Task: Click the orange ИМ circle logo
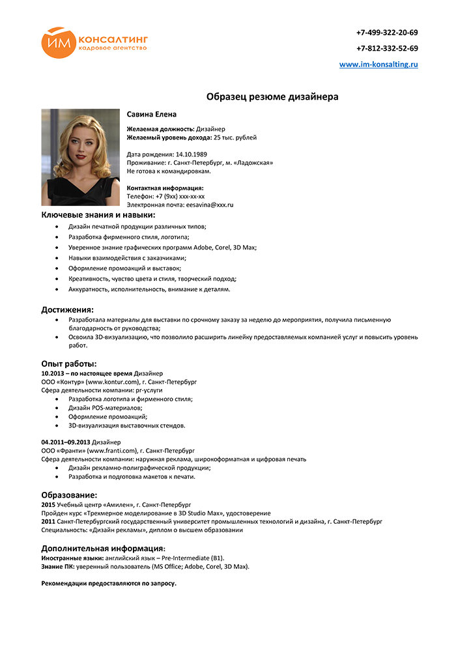(x=59, y=42)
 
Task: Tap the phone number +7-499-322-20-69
(x=387, y=33)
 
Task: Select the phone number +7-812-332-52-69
(x=387, y=48)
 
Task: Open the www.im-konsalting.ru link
(x=378, y=64)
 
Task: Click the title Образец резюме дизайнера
(x=272, y=97)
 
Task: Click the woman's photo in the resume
(x=80, y=157)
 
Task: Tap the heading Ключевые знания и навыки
(x=98, y=214)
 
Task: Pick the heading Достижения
(x=68, y=309)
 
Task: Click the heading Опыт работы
(x=69, y=364)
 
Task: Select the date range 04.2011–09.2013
(x=65, y=442)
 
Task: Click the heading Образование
(x=69, y=495)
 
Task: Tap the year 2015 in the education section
(x=48, y=504)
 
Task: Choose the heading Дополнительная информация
(x=103, y=548)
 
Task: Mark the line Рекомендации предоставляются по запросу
(x=109, y=583)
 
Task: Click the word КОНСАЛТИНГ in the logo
(x=113, y=38)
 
